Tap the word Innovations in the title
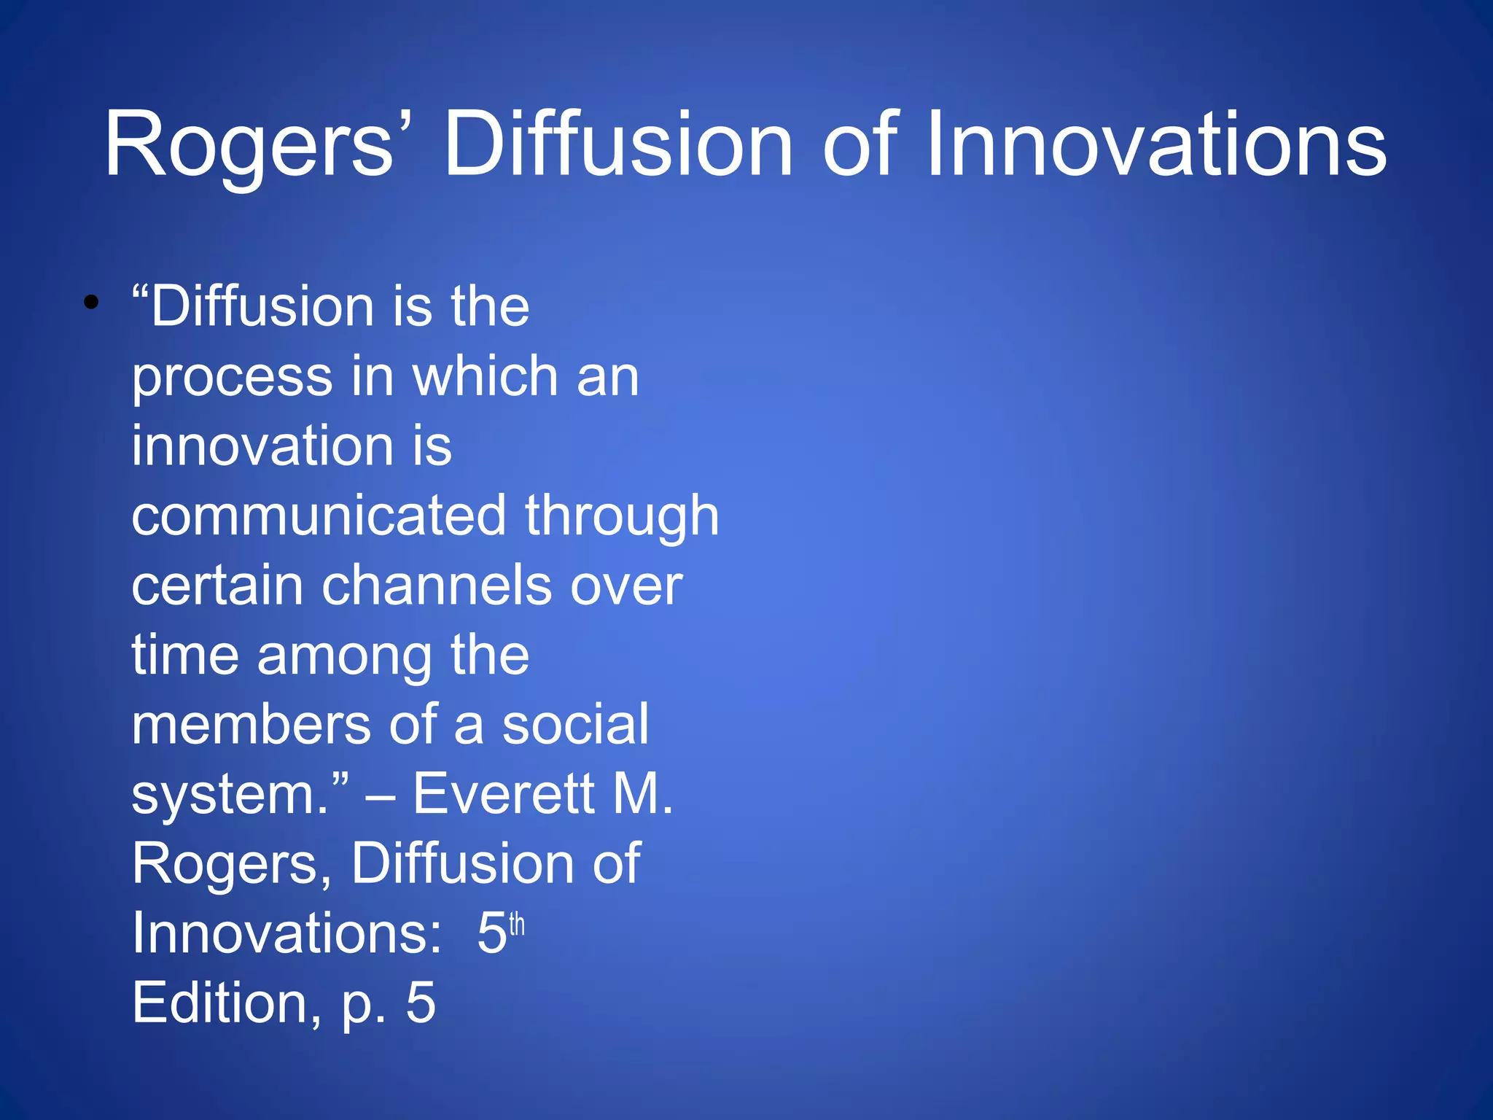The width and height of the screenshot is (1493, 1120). click(x=1156, y=144)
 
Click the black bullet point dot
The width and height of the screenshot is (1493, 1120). click(x=90, y=302)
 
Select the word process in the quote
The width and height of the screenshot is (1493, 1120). click(x=232, y=377)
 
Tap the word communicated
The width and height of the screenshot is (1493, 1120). click(x=319, y=516)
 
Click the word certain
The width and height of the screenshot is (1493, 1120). click(x=217, y=585)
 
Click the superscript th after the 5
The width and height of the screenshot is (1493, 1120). click(x=517, y=925)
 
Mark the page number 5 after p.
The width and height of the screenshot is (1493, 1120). click(x=421, y=1003)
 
